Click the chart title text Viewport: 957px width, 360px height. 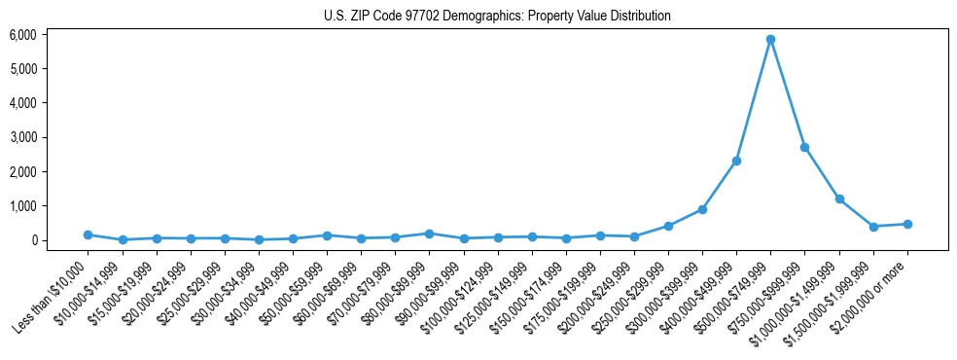[x=497, y=16]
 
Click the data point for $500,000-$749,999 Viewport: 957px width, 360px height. [x=770, y=40]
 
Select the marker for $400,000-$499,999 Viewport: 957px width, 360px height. [x=736, y=161]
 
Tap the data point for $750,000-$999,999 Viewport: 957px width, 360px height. [x=804, y=147]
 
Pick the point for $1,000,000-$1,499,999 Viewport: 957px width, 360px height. [x=838, y=198]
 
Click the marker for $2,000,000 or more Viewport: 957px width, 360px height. [x=907, y=224]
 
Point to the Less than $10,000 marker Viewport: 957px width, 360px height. [x=88, y=234]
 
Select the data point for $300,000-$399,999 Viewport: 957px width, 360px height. [x=702, y=209]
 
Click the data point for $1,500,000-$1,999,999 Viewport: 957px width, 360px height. [x=873, y=227]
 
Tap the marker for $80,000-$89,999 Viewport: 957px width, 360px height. [x=429, y=234]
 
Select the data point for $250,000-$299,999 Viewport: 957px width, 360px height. [x=668, y=226]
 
